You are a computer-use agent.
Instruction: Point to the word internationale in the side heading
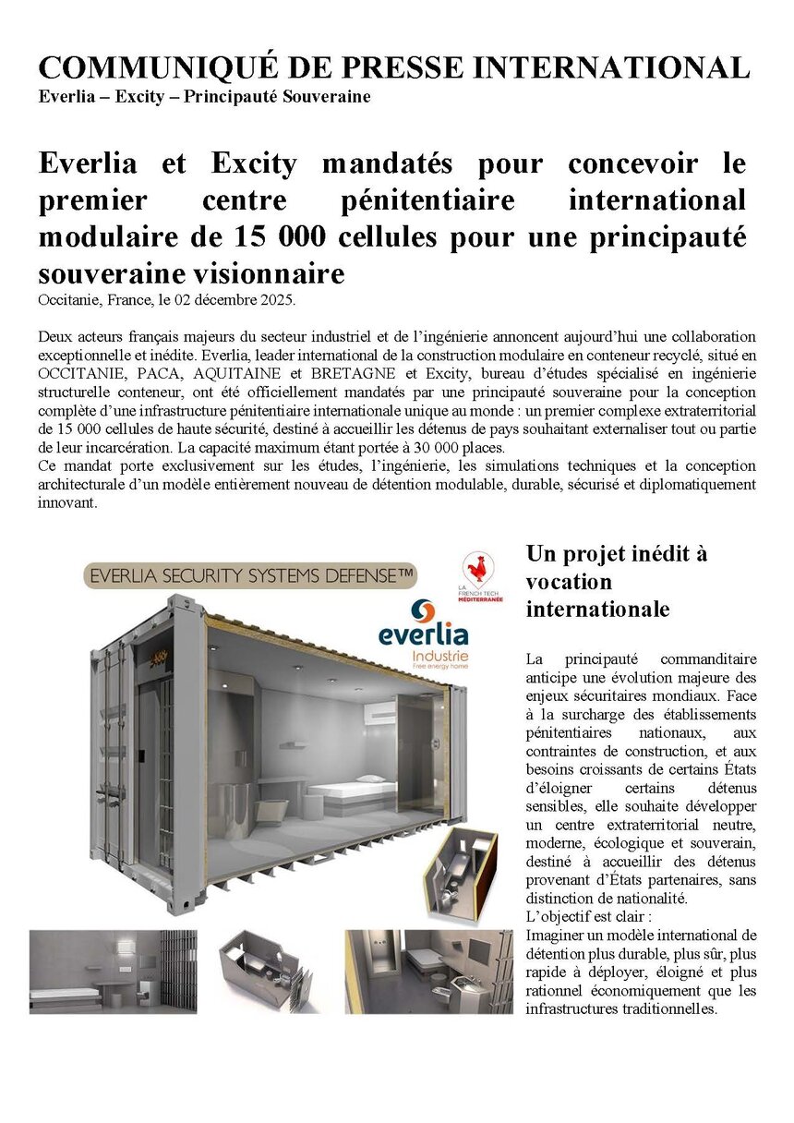click(x=597, y=610)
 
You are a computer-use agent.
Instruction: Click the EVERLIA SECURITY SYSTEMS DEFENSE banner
click(x=249, y=575)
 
